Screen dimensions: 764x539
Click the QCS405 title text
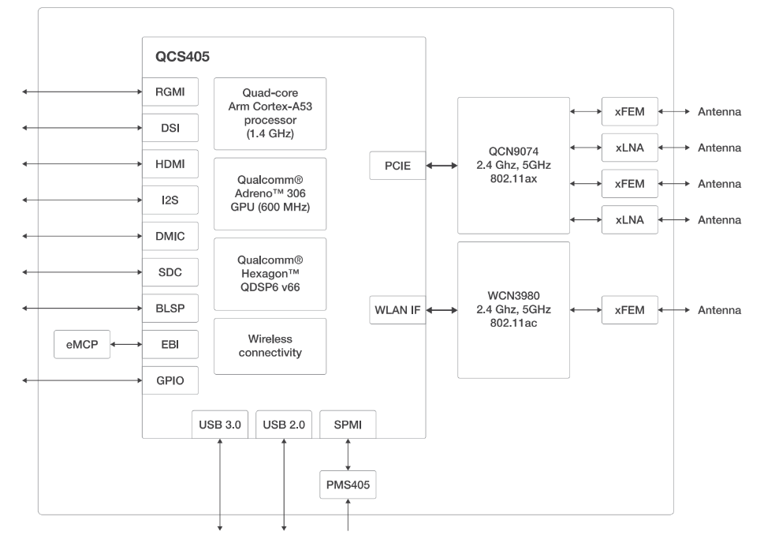[x=182, y=57]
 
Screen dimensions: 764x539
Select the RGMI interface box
[x=170, y=92]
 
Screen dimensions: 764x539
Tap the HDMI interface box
[x=170, y=164]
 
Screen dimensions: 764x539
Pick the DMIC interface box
[x=170, y=236]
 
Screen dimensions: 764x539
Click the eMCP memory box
[x=82, y=344]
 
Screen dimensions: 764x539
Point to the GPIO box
[x=170, y=380]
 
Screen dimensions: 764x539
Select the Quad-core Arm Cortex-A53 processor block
[x=270, y=114]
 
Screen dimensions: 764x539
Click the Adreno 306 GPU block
[x=270, y=193]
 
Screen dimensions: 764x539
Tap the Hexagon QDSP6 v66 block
[x=270, y=274]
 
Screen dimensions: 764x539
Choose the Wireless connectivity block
[x=270, y=346]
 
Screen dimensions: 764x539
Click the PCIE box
[x=397, y=166]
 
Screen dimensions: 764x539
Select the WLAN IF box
[x=397, y=310]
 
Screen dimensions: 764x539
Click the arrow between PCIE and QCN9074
[x=442, y=166]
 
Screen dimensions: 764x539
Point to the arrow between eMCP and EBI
[x=126, y=344]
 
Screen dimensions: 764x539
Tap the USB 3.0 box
[x=220, y=425]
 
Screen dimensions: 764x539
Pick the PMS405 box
[x=348, y=485]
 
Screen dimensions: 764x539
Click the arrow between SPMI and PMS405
[x=348, y=455]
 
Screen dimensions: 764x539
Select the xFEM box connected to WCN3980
[x=629, y=310]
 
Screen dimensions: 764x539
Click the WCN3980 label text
[x=513, y=296]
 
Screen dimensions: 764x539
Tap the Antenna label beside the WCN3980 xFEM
[x=719, y=310]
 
